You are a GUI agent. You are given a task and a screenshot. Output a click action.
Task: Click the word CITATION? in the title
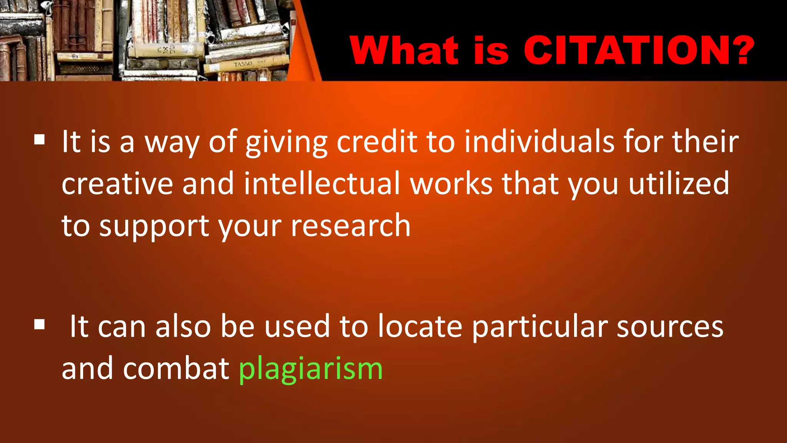(639, 50)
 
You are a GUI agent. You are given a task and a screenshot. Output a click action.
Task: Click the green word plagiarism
(310, 368)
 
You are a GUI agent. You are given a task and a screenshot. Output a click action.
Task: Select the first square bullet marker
(39, 139)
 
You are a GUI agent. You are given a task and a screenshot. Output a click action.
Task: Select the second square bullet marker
(39, 325)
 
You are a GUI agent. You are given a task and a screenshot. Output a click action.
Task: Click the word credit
(377, 142)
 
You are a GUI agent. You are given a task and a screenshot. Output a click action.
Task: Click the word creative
(117, 183)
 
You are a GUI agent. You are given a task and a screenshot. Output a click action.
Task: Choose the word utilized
(679, 183)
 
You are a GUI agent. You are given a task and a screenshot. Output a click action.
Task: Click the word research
(350, 226)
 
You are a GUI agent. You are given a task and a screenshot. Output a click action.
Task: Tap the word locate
(420, 326)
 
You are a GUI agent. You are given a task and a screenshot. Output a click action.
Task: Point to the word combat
(176, 368)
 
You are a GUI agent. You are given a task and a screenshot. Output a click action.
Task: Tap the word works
(451, 183)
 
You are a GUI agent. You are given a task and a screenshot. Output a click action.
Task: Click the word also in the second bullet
(183, 326)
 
